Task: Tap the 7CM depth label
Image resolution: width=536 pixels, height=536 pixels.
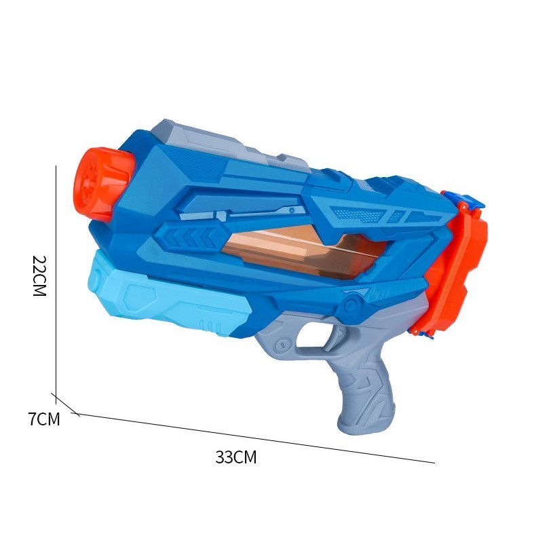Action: (44, 419)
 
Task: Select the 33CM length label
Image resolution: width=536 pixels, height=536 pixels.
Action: (236, 457)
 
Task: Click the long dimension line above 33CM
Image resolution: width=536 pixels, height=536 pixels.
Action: (258, 438)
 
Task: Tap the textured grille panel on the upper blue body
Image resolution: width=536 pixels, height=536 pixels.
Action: (356, 214)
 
